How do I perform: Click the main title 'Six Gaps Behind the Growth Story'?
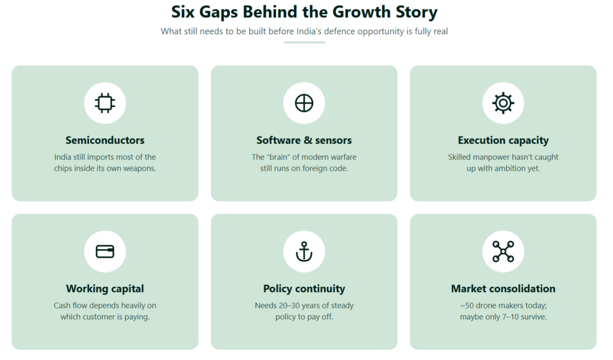tap(304, 12)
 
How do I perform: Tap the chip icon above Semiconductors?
tap(105, 103)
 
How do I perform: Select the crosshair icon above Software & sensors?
tap(304, 103)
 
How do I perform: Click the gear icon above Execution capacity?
tap(503, 103)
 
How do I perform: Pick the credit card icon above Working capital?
tap(105, 251)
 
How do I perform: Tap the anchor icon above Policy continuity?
tap(304, 251)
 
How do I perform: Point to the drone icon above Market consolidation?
tap(503, 251)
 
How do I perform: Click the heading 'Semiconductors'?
tap(105, 140)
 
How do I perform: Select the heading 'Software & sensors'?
tap(304, 140)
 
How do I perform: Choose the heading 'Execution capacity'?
tap(503, 141)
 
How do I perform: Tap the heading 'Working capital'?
tap(105, 289)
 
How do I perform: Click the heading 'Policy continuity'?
tap(304, 289)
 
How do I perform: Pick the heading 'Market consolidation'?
tap(503, 289)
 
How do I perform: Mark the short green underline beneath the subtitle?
tap(304, 43)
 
